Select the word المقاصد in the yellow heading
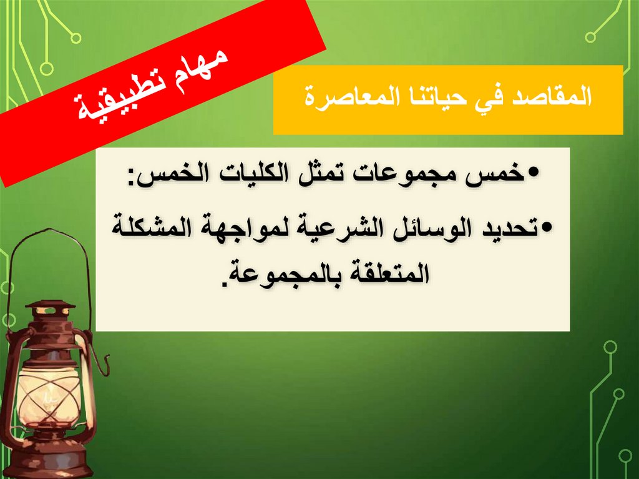555,99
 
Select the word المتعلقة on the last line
386,273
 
